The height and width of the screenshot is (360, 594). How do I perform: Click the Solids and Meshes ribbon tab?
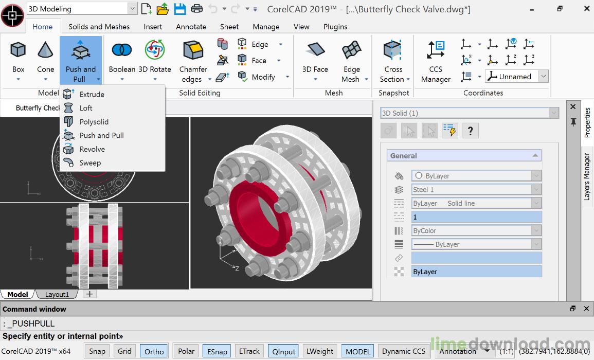pyautogui.click(x=99, y=27)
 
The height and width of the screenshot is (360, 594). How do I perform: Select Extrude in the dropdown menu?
pyautogui.click(x=92, y=95)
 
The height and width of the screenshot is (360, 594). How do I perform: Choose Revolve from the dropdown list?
pyautogui.click(x=92, y=149)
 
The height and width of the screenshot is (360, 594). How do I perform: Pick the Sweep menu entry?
pyautogui.click(x=90, y=163)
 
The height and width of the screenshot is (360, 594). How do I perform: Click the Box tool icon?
pyautogui.click(x=19, y=50)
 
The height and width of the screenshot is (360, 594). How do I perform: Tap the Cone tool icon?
pyautogui.click(x=45, y=50)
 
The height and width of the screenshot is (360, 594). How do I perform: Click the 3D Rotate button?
pyautogui.click(x=154, y=50)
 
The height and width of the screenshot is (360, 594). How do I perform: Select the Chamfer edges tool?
pyautogui.click(x=193, y=50)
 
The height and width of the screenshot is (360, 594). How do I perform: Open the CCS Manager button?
pyautogui.click(x=436, y=50)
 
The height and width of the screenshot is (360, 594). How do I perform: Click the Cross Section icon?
pyautogui.click(x=393, y=50)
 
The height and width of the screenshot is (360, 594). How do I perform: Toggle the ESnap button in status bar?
pyautogui.click(x=217, y=351)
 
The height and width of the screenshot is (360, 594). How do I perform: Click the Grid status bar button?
pyautogui.click(x=124, y=351)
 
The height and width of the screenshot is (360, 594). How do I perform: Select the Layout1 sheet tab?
pyautogui.click(x=57, y=295)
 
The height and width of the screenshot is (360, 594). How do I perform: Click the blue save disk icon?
pyautogui.click(x=179, y=9)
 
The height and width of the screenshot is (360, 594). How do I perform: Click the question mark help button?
pyautogui.click(x=470, y=131)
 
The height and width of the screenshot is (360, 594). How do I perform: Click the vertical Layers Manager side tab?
pyautogui.click(x=587, y=176)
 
